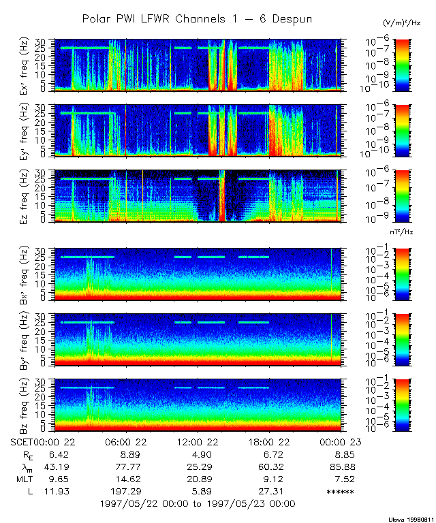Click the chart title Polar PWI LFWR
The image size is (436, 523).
coord(197,19)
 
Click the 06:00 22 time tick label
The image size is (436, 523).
coord(126,441)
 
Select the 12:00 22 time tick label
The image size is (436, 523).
coord(197,441)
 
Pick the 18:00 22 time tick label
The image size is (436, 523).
coord(268,441)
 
